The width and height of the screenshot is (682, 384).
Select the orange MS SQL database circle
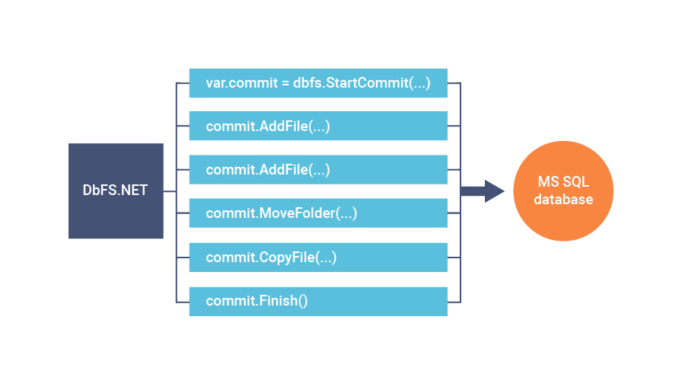pos(562,190)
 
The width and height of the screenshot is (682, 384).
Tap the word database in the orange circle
pos(562,200)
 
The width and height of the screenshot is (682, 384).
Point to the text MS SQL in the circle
pos(562,183)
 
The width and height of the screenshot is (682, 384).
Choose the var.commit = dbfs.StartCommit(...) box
pos(318,83)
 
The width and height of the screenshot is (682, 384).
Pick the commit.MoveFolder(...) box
pos(318,213)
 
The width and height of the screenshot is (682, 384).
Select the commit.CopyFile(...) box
pos(318,258)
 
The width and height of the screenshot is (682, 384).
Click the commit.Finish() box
pos(318,301)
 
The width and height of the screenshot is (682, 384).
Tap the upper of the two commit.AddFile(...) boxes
pos(318,126)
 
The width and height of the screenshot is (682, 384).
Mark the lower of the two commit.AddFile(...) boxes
pos(318,170)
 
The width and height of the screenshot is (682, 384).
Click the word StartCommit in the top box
pos(369,83)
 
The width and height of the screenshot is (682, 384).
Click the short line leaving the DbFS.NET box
pos(170,191)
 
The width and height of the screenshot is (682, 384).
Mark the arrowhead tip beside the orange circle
pos(503,191)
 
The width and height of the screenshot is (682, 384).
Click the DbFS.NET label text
pos(116,190)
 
